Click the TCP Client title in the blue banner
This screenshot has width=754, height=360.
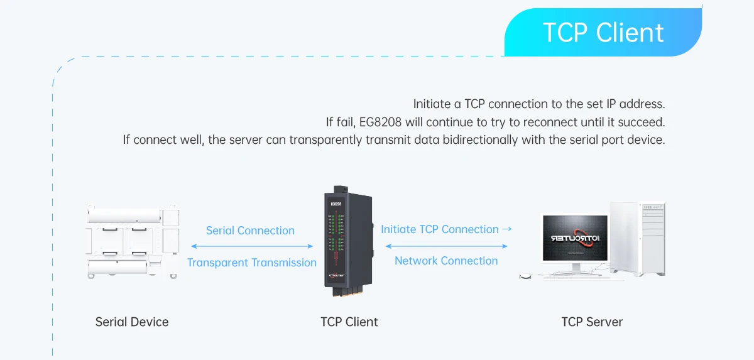coord(603,33)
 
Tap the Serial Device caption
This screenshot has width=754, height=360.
coord(132,322)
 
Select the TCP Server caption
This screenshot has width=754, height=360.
coord(592,322)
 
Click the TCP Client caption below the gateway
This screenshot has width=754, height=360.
coord(349,322)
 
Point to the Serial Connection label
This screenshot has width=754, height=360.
coord(250,231)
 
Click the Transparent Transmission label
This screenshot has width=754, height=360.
coord(252,263)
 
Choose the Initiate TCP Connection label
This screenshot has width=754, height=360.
coord(446,229)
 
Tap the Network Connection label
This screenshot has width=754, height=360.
coord(446,261)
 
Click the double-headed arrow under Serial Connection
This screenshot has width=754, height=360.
coord(252,246)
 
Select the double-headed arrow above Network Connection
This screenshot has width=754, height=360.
coord(446,246)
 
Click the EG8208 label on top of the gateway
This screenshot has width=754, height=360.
coord(336,204)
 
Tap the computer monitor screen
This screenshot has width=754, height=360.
coord(576,239)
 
